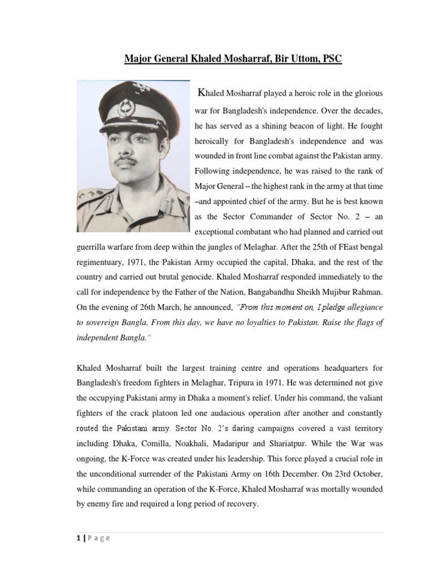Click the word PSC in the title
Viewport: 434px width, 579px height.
[331, 59]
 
